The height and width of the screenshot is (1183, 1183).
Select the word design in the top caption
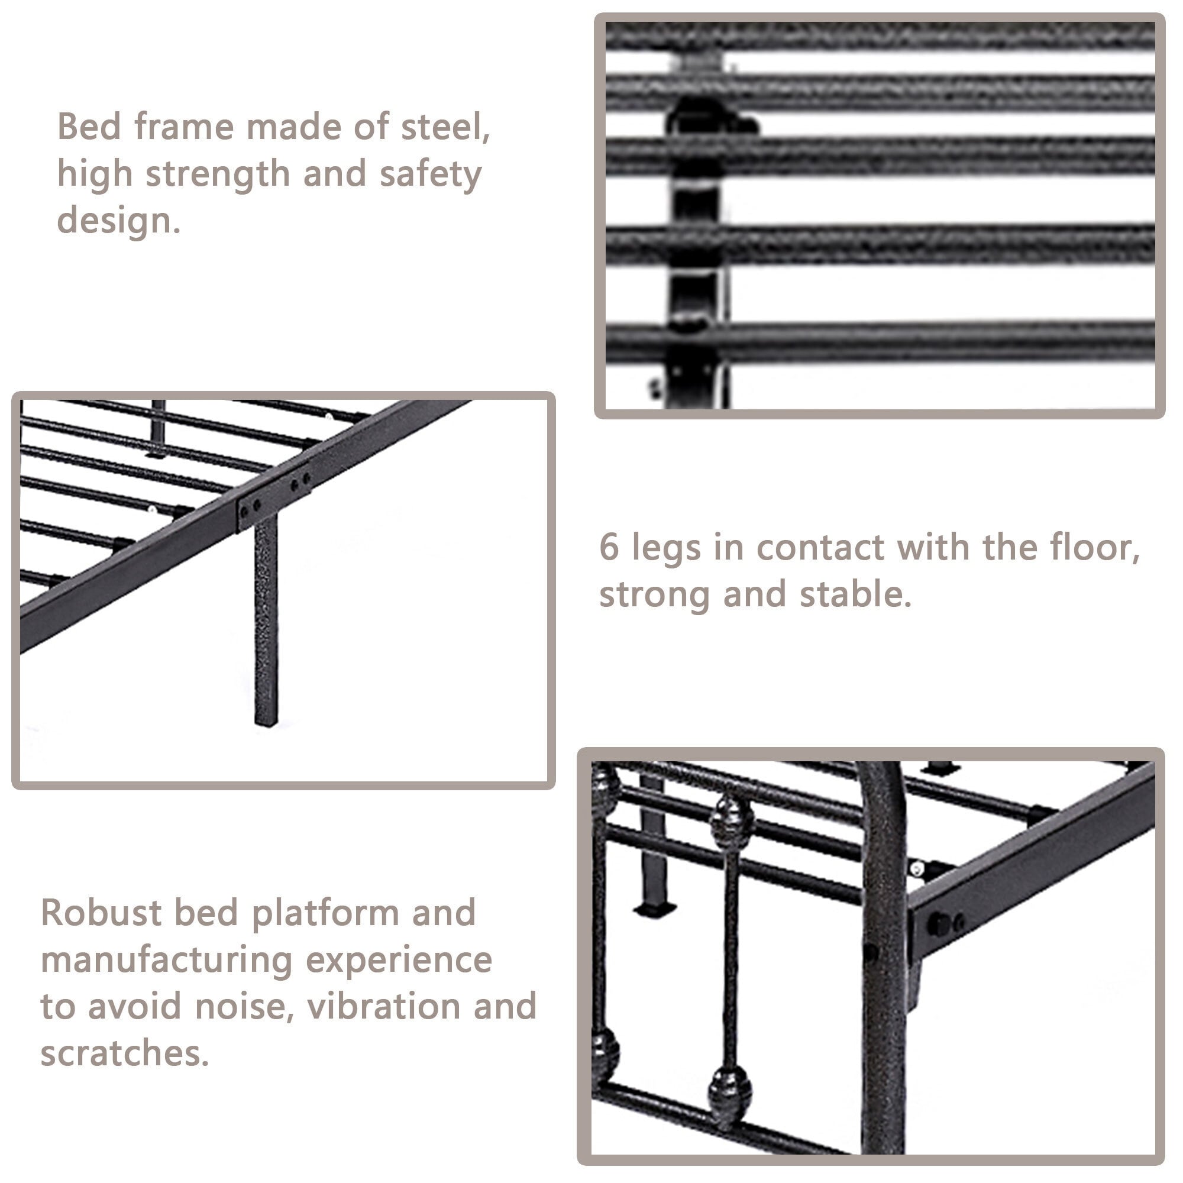pyautogui.click(x=118, y=221)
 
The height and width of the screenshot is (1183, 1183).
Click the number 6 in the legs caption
pyautogui.click(x=609, y=547)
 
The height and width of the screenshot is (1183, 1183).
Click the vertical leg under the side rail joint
pyautogui.click(x=266, y=619)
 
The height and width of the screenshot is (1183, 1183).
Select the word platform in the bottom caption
pyautogui.click(x=325, y=913)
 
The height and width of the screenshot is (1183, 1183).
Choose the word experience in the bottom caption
pyautogui.click(x=399, y=959)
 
